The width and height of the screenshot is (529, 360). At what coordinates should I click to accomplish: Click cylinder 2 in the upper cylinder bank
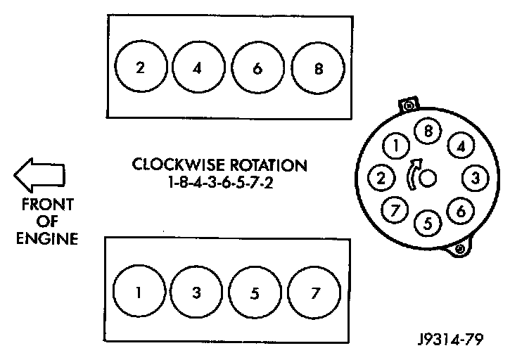point(141,68)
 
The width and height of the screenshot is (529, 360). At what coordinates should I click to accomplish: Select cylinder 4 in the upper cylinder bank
point(197,68)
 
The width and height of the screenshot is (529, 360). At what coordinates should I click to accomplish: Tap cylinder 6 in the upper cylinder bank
point(256,68)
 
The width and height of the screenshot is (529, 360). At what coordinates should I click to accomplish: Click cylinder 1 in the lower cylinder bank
point(139,292)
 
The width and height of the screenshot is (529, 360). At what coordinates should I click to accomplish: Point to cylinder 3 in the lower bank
point(197,292)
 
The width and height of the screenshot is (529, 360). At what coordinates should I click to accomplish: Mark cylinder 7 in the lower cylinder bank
point(314,292)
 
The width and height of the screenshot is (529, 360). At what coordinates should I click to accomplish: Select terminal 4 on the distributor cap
point(460,148)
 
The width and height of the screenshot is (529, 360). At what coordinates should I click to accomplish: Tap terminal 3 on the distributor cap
point(475,178)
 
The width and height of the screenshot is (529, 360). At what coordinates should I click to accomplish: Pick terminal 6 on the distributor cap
point(460,210)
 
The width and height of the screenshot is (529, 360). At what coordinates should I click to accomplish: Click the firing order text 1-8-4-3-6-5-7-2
point(219,184)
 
